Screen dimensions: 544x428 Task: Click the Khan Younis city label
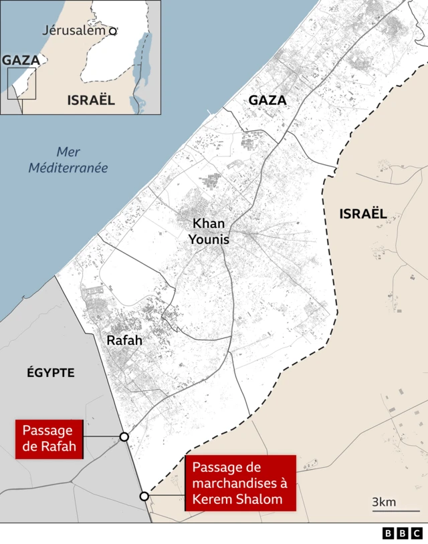click(x=209, y=231)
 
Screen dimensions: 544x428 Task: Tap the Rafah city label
click(x=124, y=340)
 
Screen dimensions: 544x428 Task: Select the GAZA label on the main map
click(x=267, y=100)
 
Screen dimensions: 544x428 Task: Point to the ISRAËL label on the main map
click(x=363, y=214)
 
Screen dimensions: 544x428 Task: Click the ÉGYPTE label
click(x=50, y=372)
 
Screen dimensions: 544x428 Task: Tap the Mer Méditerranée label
click(x=68, y=160)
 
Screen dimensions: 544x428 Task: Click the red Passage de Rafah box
click(x=49, y=438)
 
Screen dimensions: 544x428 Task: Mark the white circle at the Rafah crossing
click(x=124, y=436)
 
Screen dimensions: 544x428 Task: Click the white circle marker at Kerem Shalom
click(x=144, y=496)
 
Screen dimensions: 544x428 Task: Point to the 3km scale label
click(x=385, y=502)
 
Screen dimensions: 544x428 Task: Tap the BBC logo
click(x=403, y=533)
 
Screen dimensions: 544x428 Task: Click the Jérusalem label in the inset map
click(x=74, y=30)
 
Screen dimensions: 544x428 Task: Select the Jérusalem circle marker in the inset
click(x=112, y=31)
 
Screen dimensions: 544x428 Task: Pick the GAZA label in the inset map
click(x=21, y=60)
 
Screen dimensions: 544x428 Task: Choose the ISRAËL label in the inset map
click(x=91, y=100)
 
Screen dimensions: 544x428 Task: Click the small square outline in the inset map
click(x=21, y=83)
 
